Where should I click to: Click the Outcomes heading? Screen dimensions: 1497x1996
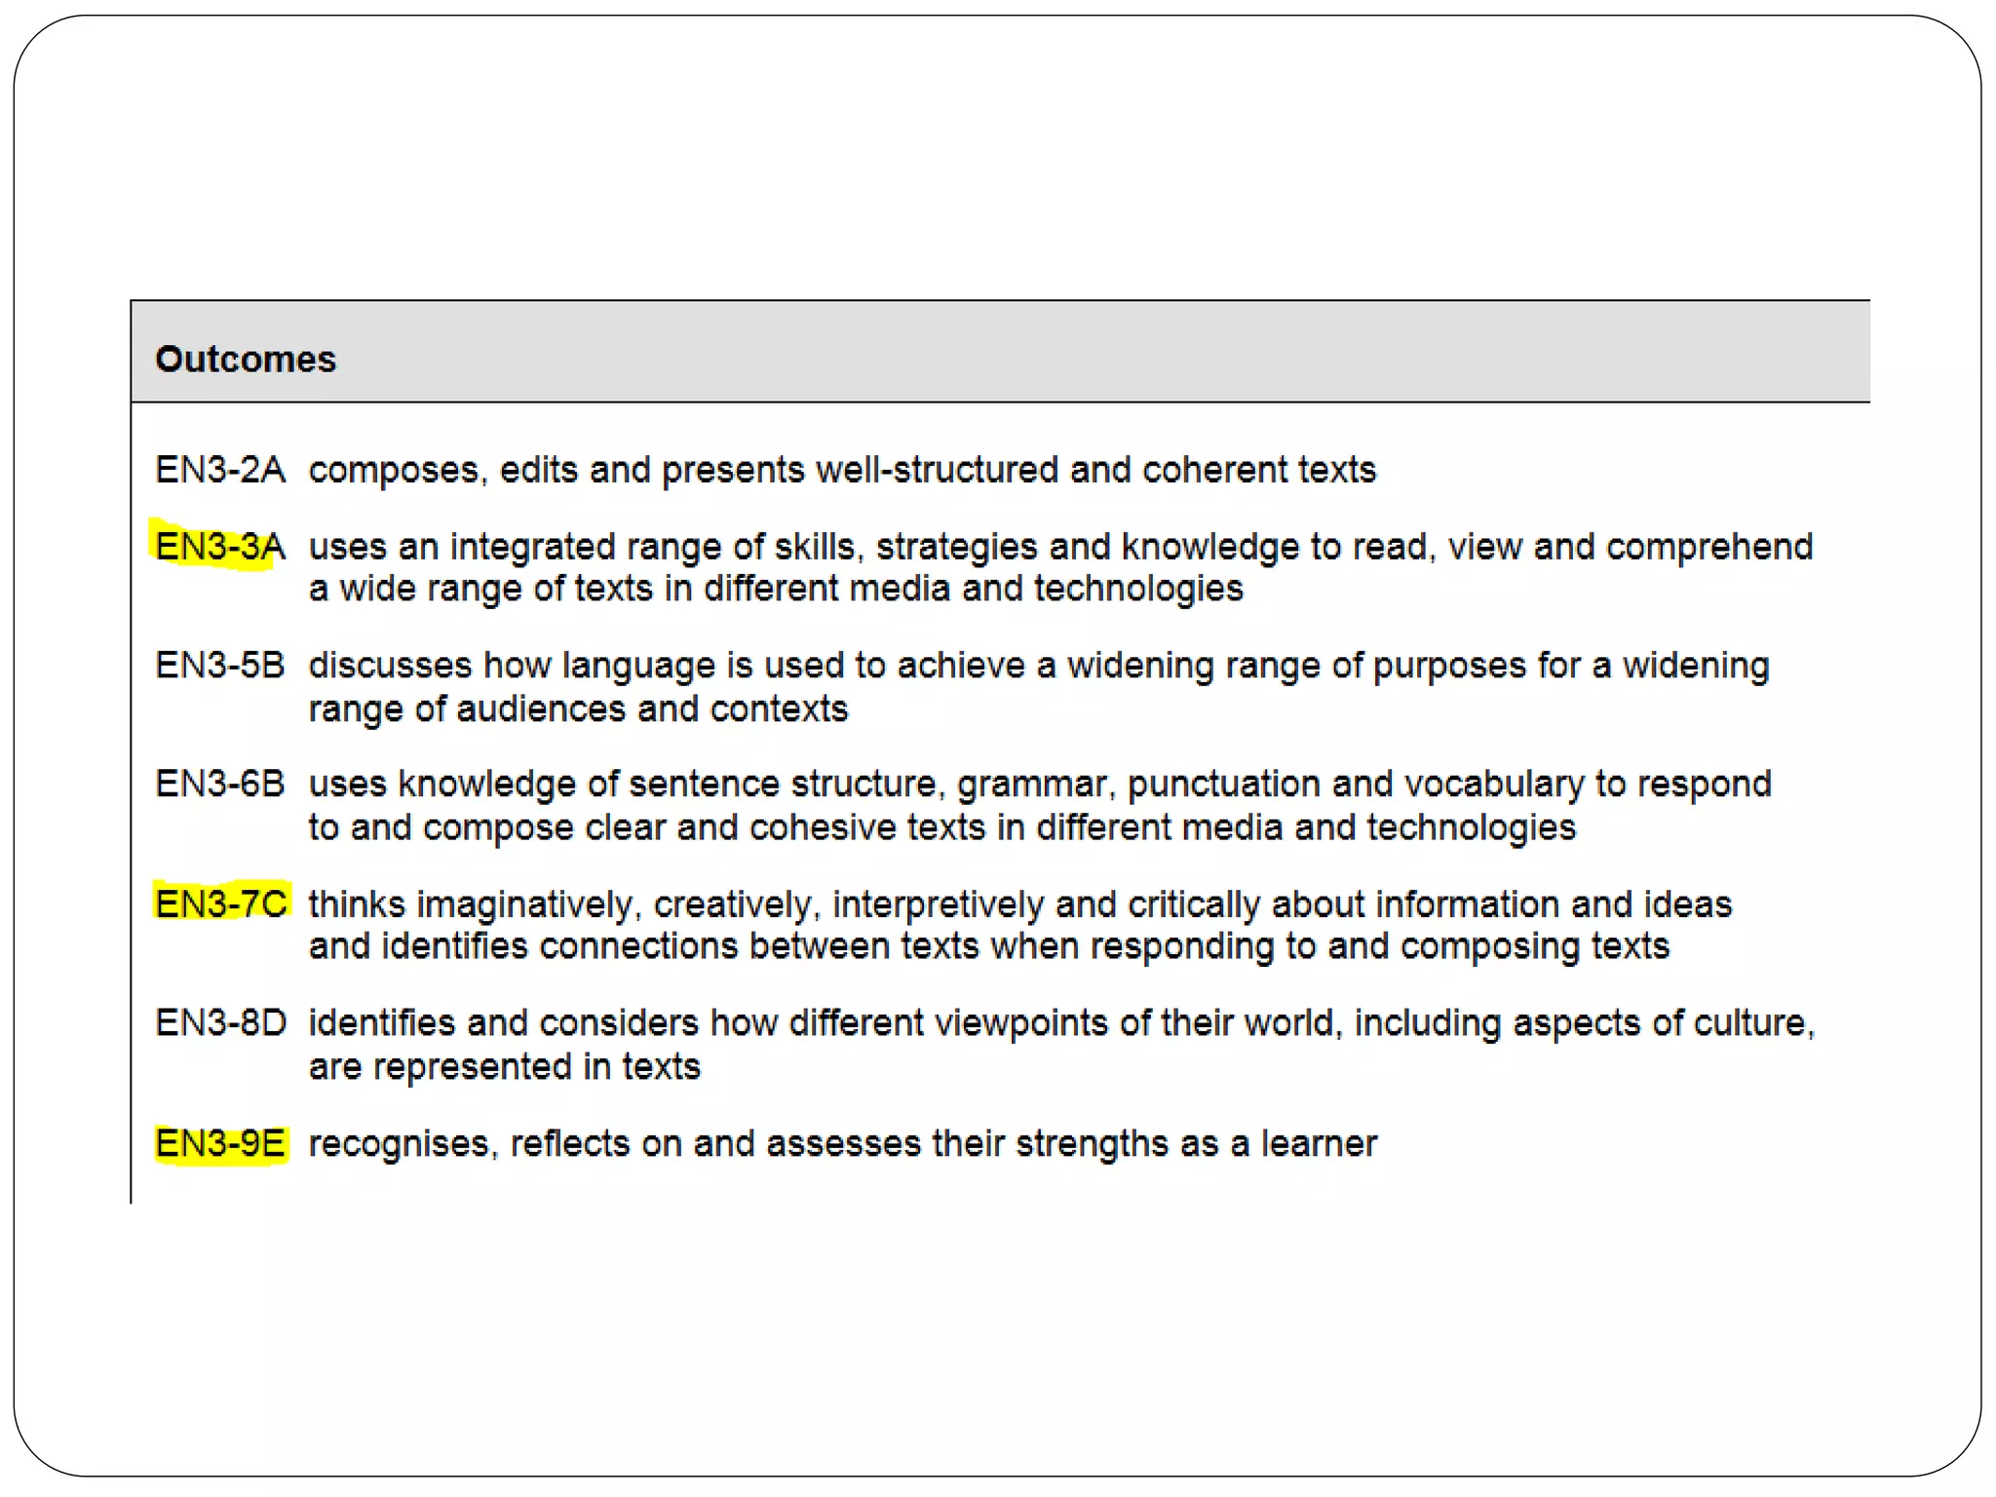[246, 359]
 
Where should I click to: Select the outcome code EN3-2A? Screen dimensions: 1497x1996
[220, 470]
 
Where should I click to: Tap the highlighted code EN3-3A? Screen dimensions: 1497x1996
[220, 547]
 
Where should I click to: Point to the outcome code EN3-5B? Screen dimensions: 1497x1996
[220, 666]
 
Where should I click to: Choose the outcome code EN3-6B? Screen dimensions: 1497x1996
[220, 784]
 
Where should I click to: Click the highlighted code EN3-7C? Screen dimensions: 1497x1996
[221, 903]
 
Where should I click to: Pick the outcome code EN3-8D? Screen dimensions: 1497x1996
[221, 1022]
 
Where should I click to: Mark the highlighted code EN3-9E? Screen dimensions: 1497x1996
[220, 1143]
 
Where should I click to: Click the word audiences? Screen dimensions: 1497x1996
[541, 709]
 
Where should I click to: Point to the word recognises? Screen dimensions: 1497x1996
[403, 1144]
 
